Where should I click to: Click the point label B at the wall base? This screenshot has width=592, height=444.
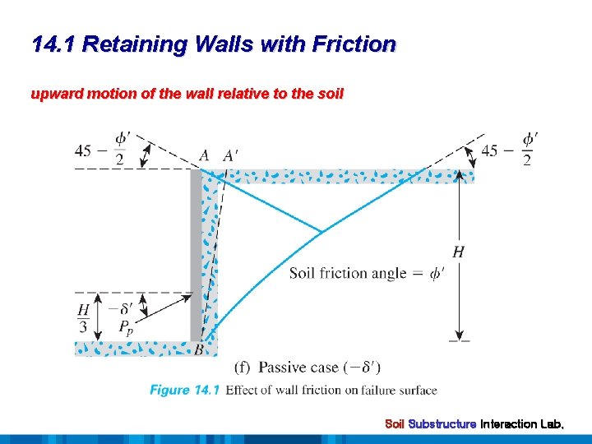[x=199, y=350]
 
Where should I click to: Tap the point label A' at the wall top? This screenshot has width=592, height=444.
[x=230, y=155]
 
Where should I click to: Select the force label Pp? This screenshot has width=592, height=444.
[x=125, y=327]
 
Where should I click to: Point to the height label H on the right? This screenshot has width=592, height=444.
[x=458, y=252]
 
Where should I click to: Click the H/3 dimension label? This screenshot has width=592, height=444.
[x=83, y=318]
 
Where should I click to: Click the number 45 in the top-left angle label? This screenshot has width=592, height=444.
[x=83, y=150]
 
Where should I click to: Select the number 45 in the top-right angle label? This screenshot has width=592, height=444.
[x=489, y=150]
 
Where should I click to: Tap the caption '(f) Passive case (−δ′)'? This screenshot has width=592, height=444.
[x=308, y=367]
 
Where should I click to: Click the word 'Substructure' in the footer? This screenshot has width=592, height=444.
[x=442, y=424]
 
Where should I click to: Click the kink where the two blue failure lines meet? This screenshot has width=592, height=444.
[x=321, y=230]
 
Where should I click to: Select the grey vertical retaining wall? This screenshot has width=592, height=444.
[x=196, y=255]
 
